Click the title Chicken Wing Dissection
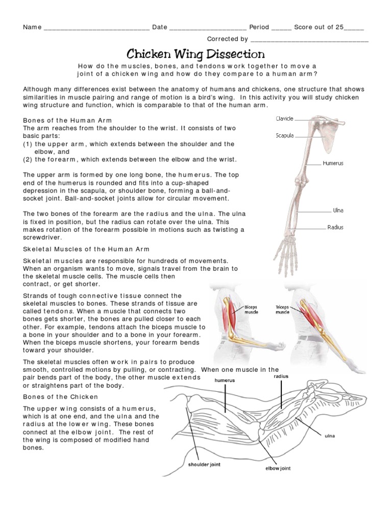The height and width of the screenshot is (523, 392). click(195, 54)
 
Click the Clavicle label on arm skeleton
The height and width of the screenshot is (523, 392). click(284, 118)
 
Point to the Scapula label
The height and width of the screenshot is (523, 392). click(284, 136)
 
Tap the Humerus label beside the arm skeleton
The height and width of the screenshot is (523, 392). click(333, 163)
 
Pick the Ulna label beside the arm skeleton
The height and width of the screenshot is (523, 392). click(338, 210)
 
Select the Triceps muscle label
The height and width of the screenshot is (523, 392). click(282, 310)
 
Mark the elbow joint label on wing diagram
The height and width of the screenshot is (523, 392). click(278, 468)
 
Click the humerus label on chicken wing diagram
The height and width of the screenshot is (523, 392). click(225, 381)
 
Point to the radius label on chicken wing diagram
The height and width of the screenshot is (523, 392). click(281, 376)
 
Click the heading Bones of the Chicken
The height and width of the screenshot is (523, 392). click(61, 397)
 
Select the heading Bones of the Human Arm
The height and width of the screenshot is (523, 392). click(67, 120)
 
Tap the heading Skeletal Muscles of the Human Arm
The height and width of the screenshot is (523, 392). click(86, 249)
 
